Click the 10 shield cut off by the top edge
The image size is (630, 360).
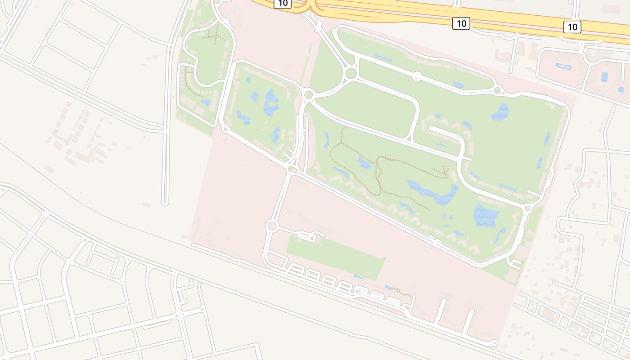click(283, 3)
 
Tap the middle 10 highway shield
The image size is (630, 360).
click(461, 23)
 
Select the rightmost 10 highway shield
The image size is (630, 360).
click(572, 27)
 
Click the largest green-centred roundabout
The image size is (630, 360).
click(351, 73)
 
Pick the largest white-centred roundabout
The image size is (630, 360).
click(271, 226)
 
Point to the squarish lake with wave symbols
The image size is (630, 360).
click(486, 216)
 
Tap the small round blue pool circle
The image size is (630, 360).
click(621, 90)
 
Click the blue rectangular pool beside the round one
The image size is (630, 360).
click(604, 77)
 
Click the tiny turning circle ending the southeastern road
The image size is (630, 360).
click(495, 343)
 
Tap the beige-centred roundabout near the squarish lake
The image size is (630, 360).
click(527, 208)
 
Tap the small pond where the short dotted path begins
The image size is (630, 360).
click(390, 288)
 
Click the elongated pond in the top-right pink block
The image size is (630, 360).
click(564, 67)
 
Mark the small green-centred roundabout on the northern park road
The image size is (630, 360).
click(417, 76)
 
